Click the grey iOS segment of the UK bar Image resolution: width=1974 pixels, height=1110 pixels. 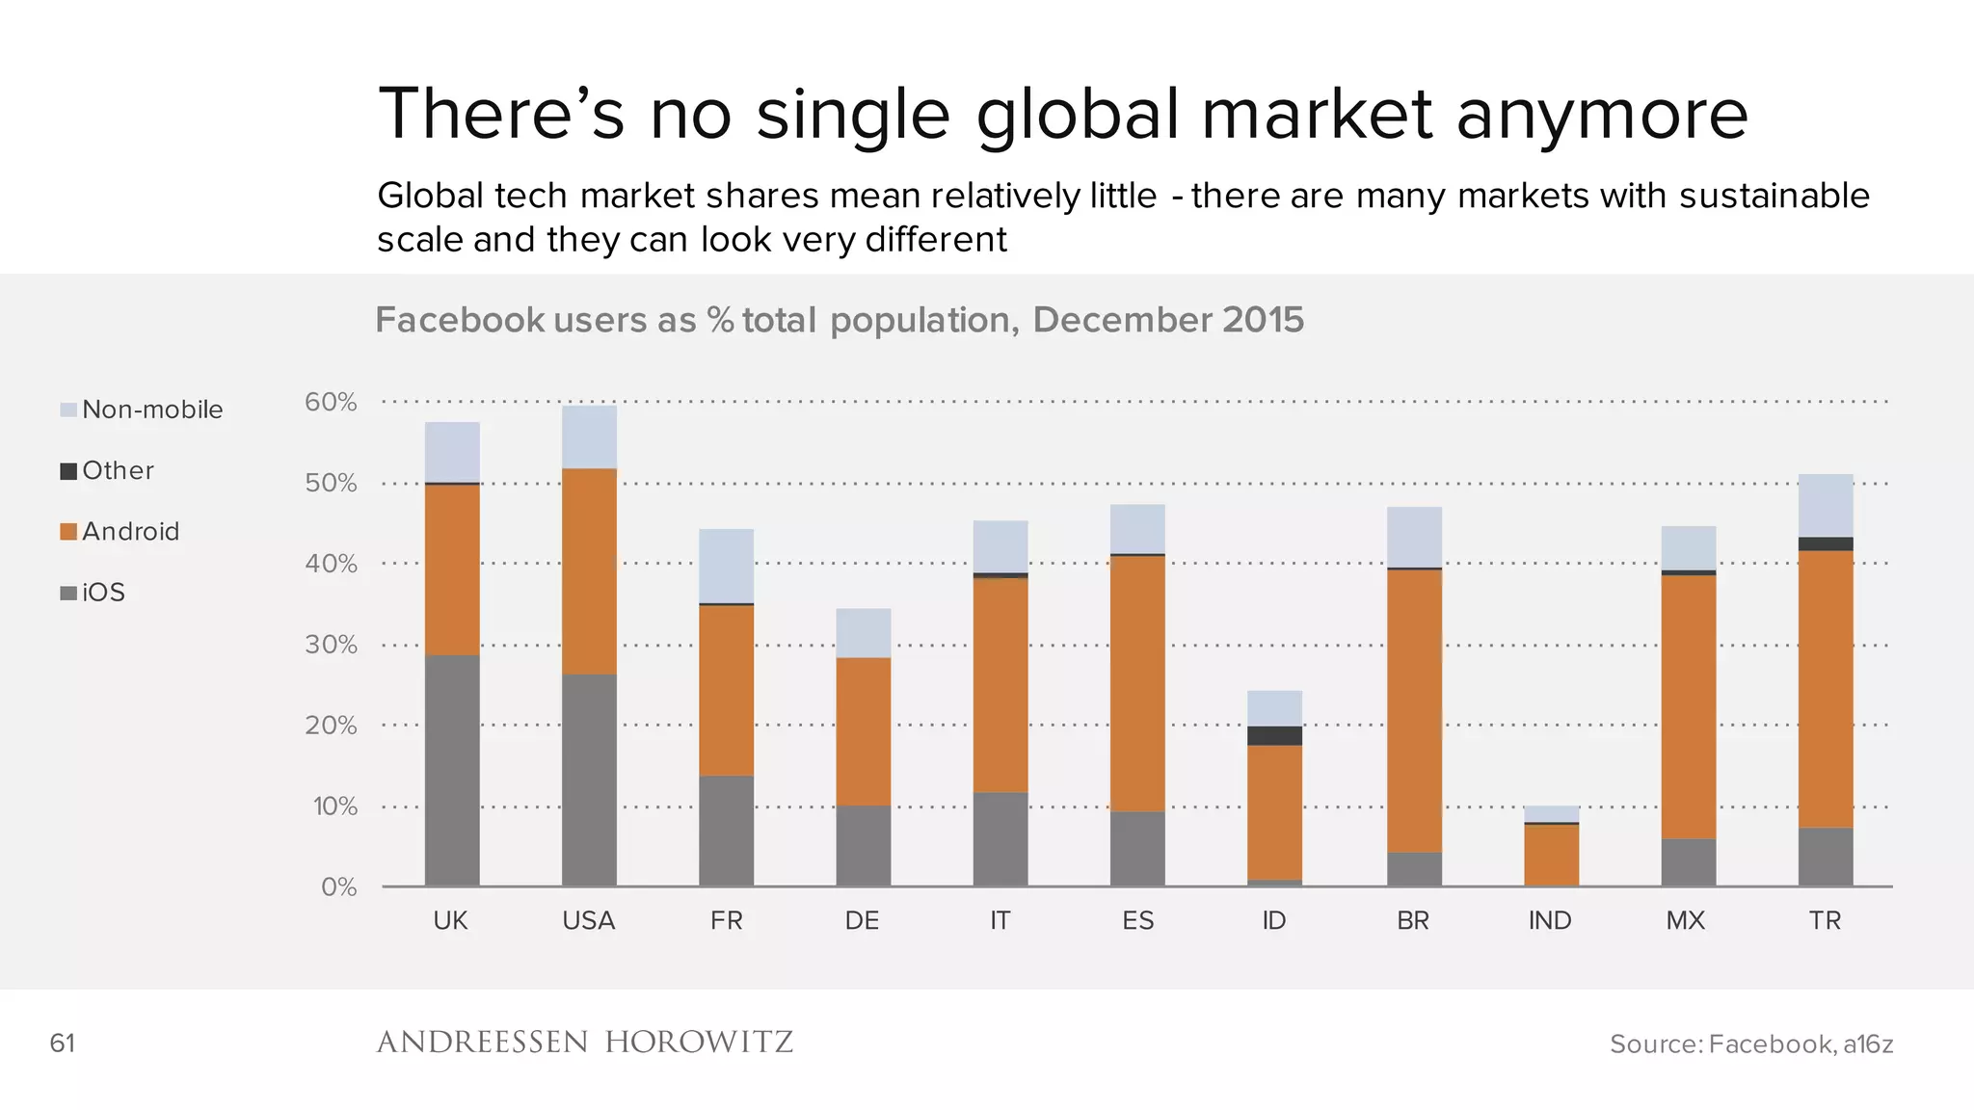pyautogui.click(x=452, y=770)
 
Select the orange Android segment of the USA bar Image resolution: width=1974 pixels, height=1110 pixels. pyautogui.click(x=589, y=570)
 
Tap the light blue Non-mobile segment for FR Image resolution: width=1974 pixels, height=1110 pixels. pyautogui.click(x=726, y=566)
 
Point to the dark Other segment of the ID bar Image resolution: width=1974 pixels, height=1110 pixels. pyautogui.click(x=1274, y=735)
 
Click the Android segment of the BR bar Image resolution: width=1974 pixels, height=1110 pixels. pyautogui.click(x=1414, y=710)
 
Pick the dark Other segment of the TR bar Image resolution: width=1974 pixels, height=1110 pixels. pyautogui.click(x=1826, y=543)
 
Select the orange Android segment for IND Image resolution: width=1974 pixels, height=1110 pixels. pyautogui.click(x=1551, y=855)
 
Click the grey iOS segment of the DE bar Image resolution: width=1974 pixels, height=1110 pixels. pyautogui.click(x=863, y=845)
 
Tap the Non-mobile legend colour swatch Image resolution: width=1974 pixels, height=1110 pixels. pyautogui.click(x=68, y=410)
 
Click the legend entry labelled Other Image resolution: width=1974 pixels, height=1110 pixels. pyautogui.click(x=118, y=470)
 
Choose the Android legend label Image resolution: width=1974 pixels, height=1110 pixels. pyautogui.click(x=130, y=531)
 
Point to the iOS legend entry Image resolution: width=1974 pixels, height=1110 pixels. pyautogui.click(x=103, y=592)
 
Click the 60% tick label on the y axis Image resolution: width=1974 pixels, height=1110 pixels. pyautogui.click(x=331, y=402)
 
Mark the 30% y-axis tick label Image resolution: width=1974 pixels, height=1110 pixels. pyautogui.click(x=331, y=645)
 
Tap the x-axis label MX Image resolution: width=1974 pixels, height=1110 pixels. pyautogui.click(x=1685, y=920)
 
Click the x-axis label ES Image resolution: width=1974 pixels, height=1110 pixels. pyautogui.click(x=1137, y=920)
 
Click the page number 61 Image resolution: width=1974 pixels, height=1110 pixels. pyautogui.click(x=62, y=1043)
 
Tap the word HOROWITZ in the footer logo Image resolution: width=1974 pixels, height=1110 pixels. pyautogui.click(x=699, y=1042)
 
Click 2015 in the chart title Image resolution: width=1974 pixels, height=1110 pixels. pyautogui.click(x=1263, y=320)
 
